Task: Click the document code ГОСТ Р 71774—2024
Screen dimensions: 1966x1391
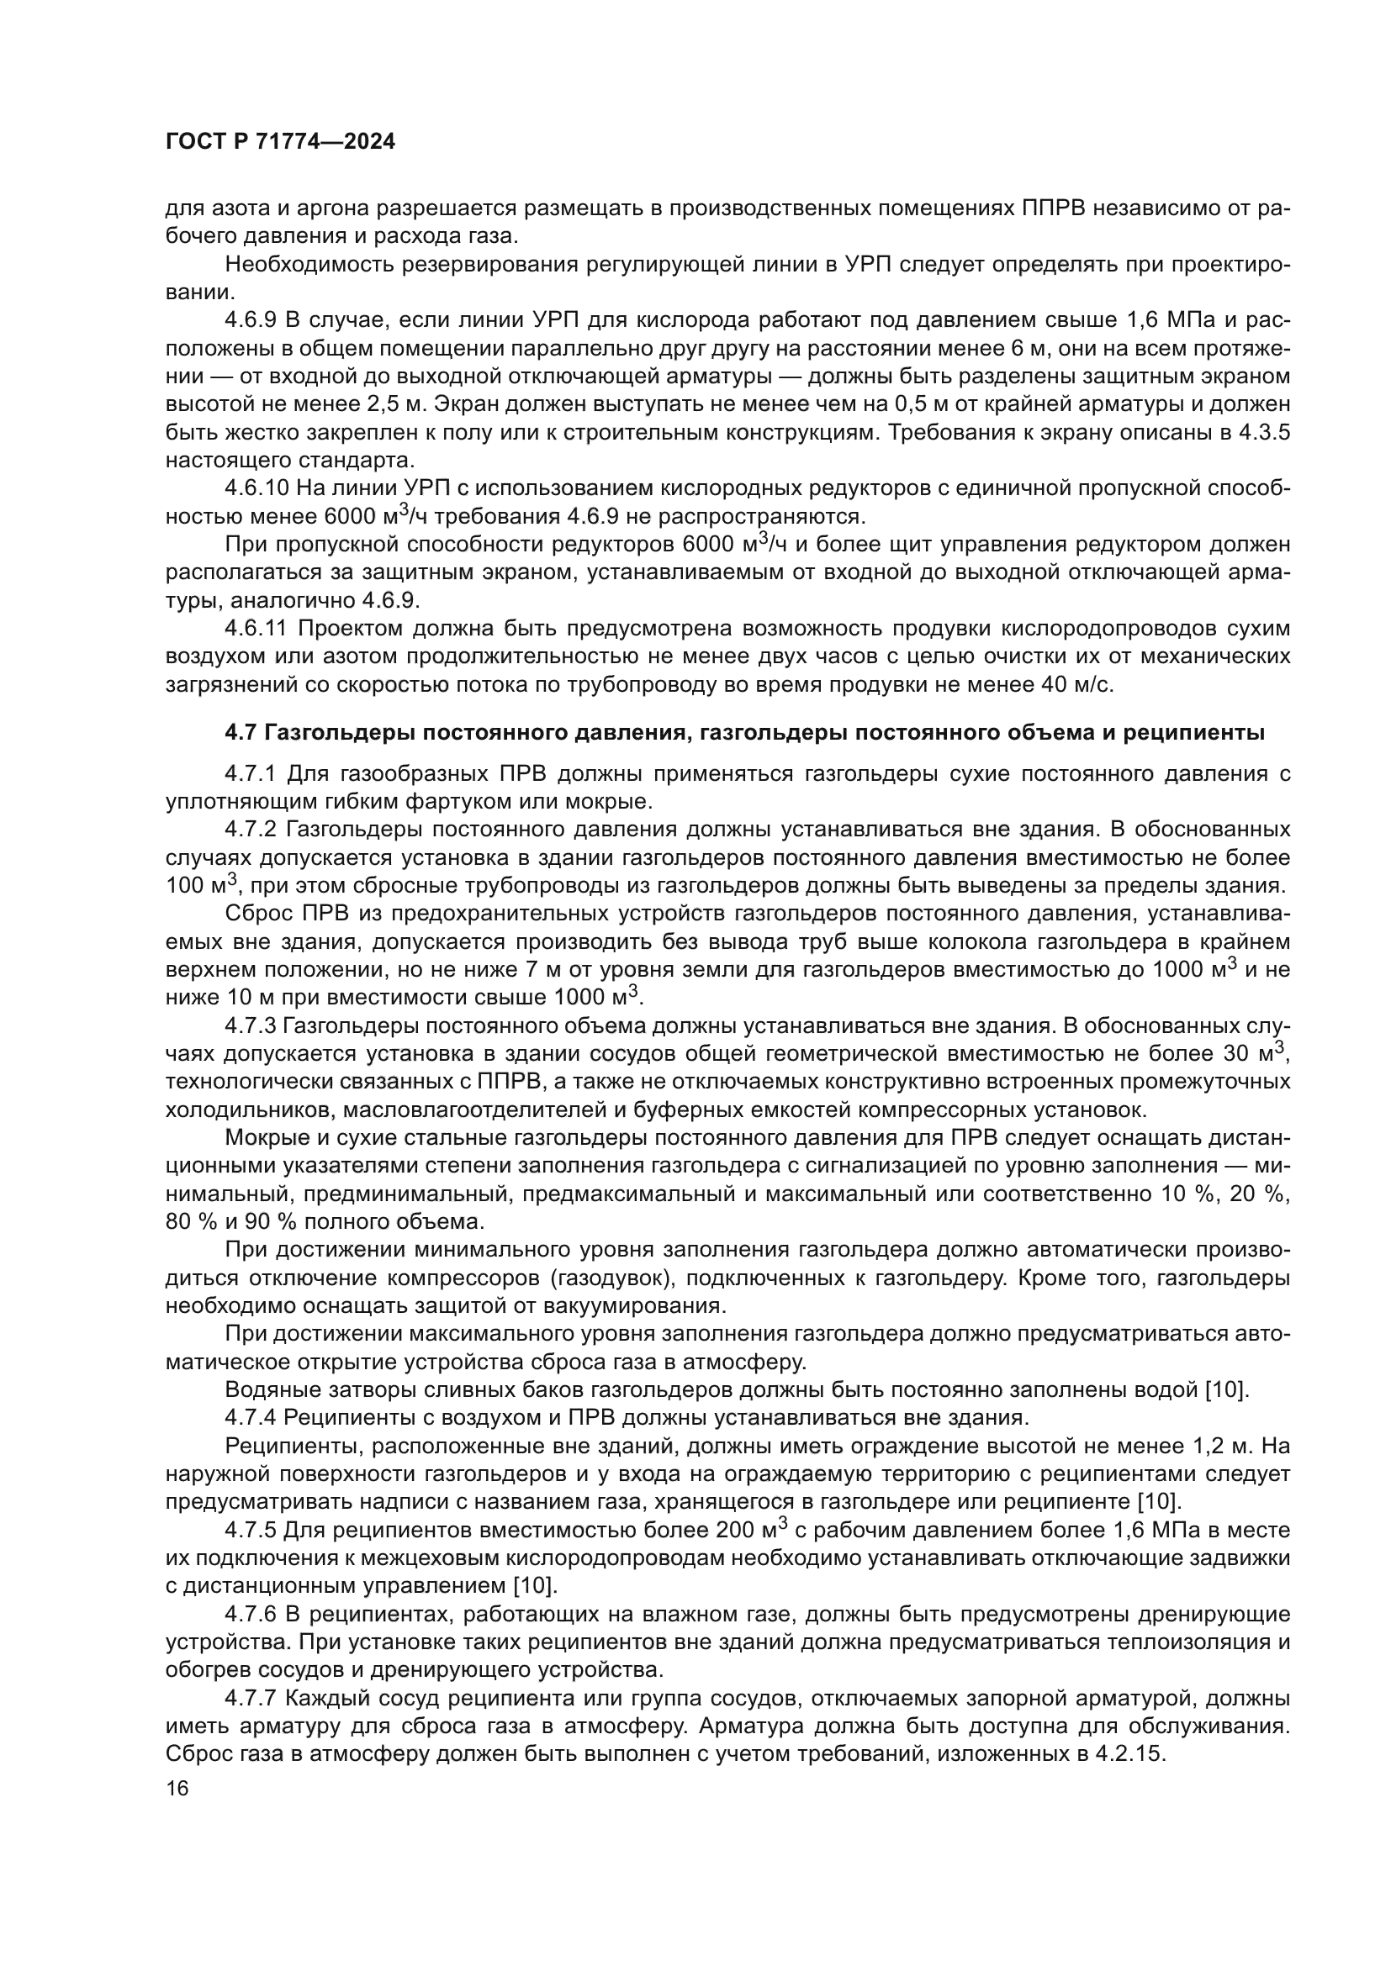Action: click(280, 142)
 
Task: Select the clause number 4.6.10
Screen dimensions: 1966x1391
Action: click(257, 488)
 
